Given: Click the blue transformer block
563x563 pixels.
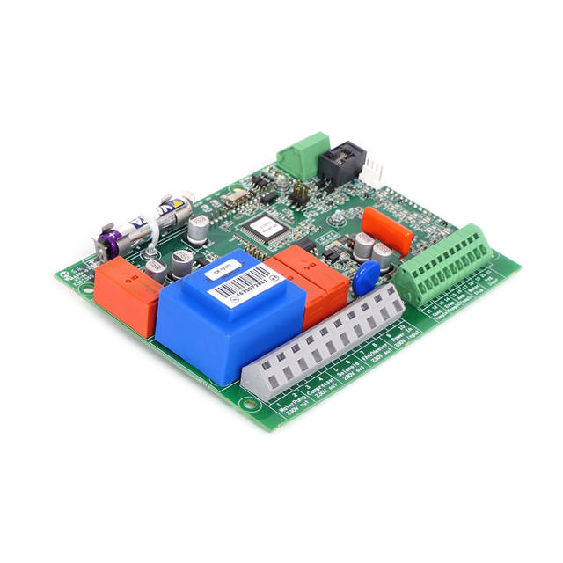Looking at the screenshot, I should coord(216,312).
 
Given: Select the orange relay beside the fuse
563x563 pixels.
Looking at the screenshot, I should coord(126,294).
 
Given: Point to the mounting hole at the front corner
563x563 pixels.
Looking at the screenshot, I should coord(252,406).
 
